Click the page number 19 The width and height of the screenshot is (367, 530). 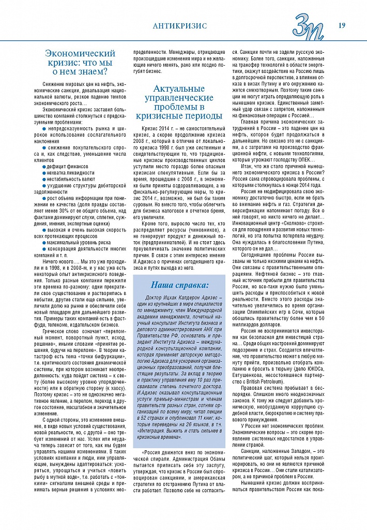point(342,25)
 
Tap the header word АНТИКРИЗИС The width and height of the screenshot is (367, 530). point(180,25)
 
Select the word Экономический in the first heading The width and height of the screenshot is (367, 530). point(80,53)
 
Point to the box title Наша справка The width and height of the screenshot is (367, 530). point(180,285)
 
